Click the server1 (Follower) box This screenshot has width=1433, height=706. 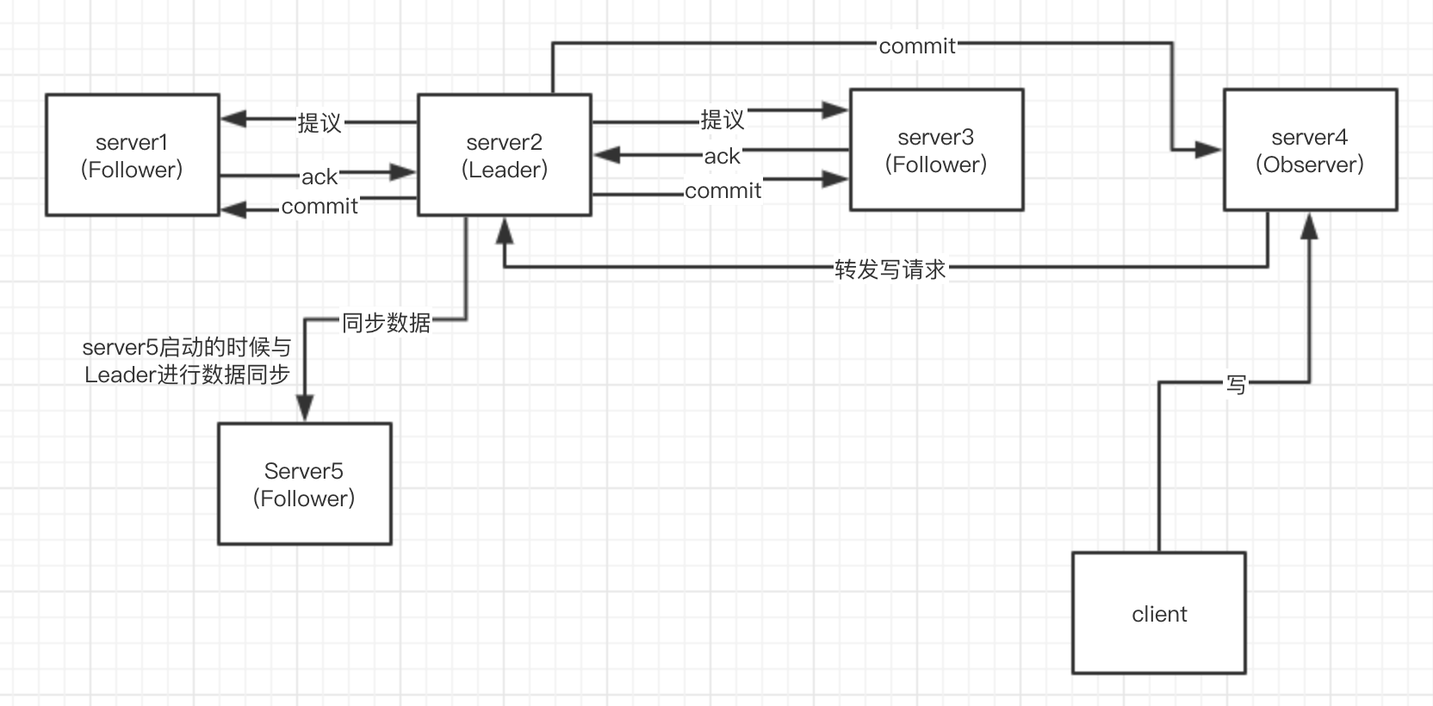[x=132, y=155]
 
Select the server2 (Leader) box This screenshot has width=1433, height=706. [x=505, y=155]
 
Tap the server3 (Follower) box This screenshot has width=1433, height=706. [x=936, y=150]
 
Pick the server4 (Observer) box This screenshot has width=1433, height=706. [x=1310, y=150]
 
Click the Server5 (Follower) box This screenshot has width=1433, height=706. [x=304, y=484]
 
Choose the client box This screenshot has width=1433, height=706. [x=1159, y=613]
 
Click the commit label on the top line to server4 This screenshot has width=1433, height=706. [x=917, y=46]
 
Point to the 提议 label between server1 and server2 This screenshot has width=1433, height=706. [x=319, y=123]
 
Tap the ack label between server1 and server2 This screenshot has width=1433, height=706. [x=319, y=177]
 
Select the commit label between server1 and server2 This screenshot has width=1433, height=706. [x=319, y=207]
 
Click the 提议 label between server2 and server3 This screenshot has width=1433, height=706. [x=722, y=119]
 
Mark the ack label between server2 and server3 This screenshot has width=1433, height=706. [x=722, y=157]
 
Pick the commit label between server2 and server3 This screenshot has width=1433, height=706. [x=723, y=191]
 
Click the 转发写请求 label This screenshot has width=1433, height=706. [x=890, y=269]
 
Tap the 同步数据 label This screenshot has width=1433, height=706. [x=386, y=323]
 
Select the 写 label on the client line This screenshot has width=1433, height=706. [x=1236, y=384]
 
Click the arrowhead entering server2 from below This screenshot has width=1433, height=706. [x=505, y=230]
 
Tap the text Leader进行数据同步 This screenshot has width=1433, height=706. [x=187, y=375]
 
